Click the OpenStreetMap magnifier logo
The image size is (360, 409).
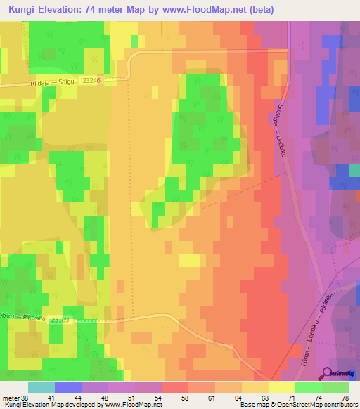point(328,373)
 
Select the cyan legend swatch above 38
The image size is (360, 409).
point(41,387)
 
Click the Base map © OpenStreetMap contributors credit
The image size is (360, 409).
point(298,405)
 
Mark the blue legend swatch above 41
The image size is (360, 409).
point(68,387)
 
